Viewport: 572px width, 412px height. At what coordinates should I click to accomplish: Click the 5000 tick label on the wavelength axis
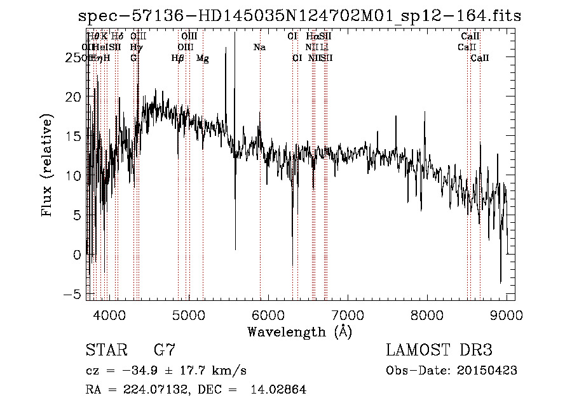click(188, 314)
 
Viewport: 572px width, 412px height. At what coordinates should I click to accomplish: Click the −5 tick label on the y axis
click(76, 294)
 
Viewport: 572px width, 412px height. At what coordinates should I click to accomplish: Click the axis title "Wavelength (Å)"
click(299, 331)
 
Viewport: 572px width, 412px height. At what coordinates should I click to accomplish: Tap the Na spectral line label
click(259, 47)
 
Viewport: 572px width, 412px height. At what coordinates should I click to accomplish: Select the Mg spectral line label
click(203, 58)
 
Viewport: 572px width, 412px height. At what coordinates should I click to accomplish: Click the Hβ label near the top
click(178, 58)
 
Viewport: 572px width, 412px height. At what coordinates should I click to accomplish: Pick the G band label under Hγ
click(133, 58)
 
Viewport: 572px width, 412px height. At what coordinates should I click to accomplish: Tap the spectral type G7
click(165, 350)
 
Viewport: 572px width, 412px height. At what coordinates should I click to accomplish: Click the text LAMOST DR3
click(439, 350)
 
